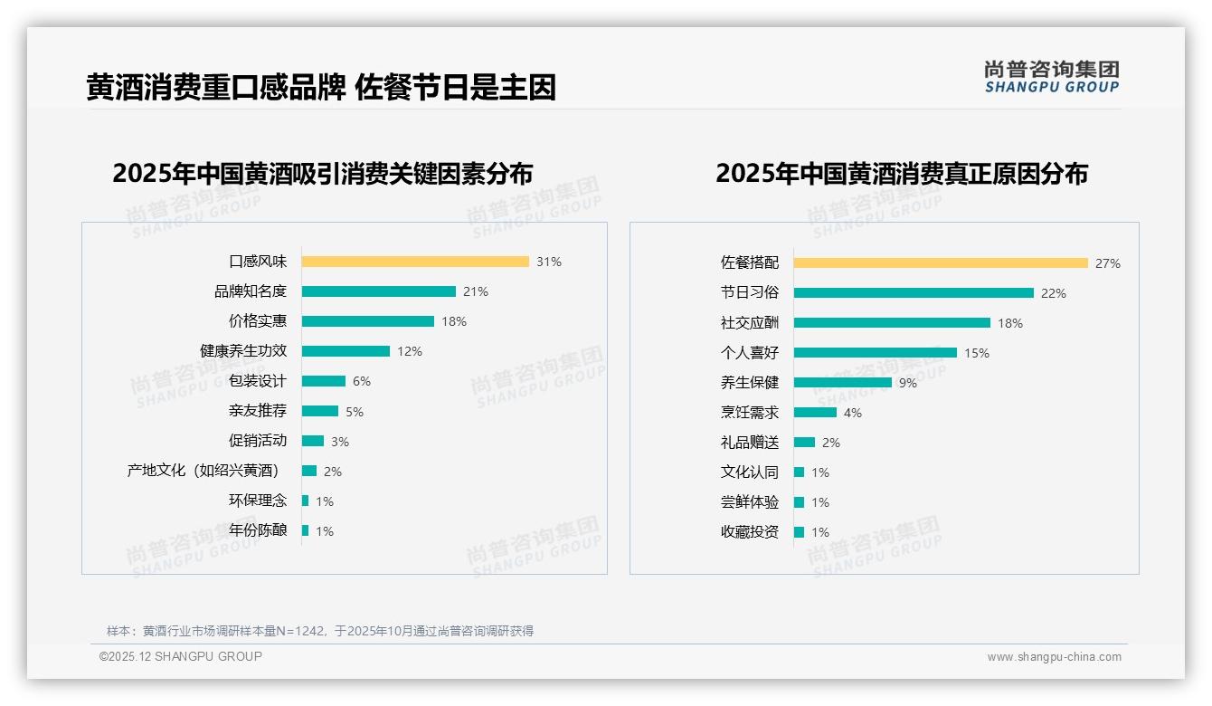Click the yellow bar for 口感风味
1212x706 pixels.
(415, 262)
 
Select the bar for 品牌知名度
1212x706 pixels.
(378, 291)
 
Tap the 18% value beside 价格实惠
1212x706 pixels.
(454, 321)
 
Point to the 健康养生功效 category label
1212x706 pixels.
(243, 351)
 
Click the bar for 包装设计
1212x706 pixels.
(323, 381)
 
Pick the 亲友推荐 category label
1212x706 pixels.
(258, 411)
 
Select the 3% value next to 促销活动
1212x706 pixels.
(339, 442)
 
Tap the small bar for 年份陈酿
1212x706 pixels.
(305, 530)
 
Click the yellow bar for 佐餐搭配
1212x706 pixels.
(941, 263)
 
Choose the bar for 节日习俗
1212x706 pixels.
(914, 293)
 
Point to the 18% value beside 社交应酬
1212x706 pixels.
(1010, 323)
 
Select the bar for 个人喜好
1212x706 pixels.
(875, 353)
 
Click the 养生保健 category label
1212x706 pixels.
(750, 383)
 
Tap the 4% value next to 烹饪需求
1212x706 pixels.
(852, 413)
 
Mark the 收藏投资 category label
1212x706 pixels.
(750, 532)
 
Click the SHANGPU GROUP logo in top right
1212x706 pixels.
(1051, 77)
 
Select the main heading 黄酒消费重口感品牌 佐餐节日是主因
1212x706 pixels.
(321, 88)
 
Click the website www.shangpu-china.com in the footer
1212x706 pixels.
(1054, 657)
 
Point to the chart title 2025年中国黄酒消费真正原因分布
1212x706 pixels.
(901, 173)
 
